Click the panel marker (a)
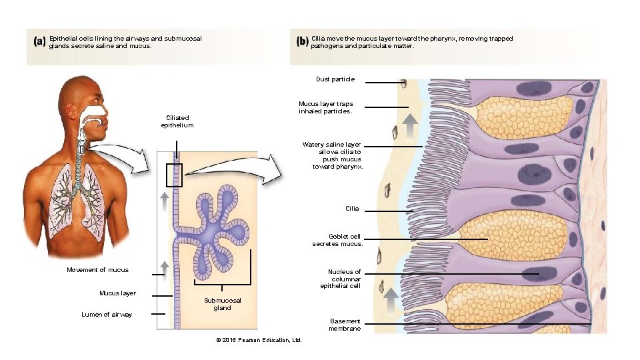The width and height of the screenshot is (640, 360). click(39, 41)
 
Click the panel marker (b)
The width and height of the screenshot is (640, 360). click(302, 41)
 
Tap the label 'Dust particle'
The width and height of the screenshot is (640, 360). click(335, 79)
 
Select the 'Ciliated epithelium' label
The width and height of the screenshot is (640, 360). click(177, 121)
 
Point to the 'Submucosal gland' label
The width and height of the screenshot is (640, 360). click(223, 304)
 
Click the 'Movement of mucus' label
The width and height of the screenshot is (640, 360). click(97, 269)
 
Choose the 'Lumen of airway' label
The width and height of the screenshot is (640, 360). click(107, 314)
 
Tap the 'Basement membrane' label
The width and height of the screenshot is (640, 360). click(345, 325)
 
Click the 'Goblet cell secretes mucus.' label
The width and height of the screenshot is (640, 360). click(337, 240)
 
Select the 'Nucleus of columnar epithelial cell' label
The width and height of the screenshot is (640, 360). click(341, 279)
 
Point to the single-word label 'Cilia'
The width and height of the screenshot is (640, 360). click(352, 209)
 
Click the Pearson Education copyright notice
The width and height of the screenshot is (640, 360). click(259, 341)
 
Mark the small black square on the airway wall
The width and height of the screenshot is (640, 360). click(174, 175)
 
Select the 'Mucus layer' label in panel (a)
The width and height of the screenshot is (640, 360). click(117, 293)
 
